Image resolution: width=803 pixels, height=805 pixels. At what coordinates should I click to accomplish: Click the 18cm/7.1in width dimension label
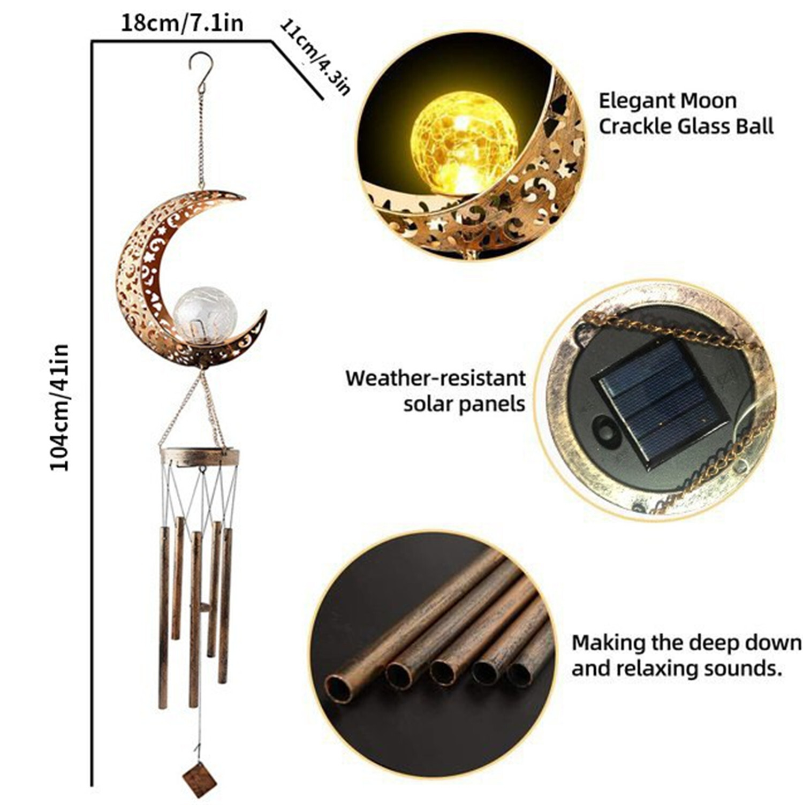pyautogui.click(x=182, y=24)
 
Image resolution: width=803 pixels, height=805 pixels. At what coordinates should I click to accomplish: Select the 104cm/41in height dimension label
pyautogui.click(x=60, y=407)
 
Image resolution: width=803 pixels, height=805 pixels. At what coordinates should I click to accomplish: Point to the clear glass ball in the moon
pyautogui.click(x=205, y=315)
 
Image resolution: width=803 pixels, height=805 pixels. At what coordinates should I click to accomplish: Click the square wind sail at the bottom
pyautogui.click(x=200, y=779)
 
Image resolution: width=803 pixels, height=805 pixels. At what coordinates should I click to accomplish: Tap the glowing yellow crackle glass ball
pyautogui.click(x=464, y=141)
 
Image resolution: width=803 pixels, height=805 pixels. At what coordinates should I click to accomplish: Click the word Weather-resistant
pyautogui.click(x=435, y=378)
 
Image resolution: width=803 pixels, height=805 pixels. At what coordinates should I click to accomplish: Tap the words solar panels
pyautogui.click(x=464, y=404)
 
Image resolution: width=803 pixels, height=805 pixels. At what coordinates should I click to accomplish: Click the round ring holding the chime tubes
pyautogui.click(x=200, y=457)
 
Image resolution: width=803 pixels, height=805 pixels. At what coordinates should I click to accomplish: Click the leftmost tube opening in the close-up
pyautogui.click(x=338, y=689)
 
